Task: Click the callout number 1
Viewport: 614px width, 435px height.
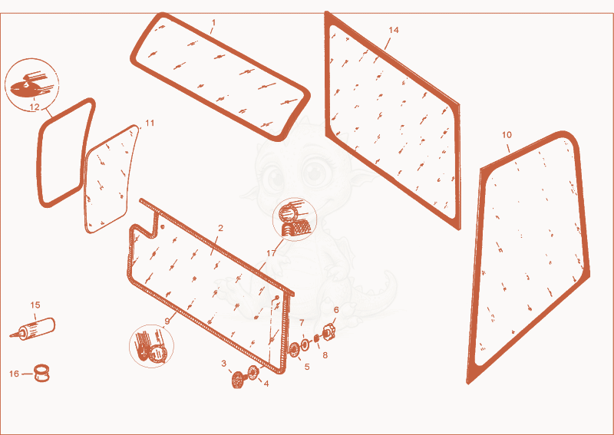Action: (213, 23)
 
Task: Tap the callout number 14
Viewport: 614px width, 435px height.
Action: (394, 30)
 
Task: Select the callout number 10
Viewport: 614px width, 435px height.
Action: (507, 135)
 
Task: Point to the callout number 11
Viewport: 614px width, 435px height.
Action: (150, 123)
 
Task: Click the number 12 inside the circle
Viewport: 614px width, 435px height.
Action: (35, 107)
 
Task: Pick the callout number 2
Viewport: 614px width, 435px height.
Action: (220, 228)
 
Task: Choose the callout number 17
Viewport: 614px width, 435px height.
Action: (272, 254)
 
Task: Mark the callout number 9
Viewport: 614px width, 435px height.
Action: (167, 321)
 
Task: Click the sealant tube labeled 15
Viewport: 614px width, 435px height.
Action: (33, 329)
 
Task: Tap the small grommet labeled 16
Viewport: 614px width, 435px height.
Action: (41, 373)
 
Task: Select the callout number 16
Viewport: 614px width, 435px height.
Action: (14, 374)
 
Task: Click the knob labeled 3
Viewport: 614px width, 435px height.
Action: (238, 380)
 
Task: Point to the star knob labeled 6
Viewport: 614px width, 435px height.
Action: (329, 332)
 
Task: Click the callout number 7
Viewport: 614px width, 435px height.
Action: (302, 323)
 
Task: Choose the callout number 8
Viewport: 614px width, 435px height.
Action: (325, 355)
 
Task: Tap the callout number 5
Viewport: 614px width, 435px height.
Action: (307, 367)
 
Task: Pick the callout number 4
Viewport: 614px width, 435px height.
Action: (266, 384)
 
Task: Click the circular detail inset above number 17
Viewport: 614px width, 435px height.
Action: (295, 219)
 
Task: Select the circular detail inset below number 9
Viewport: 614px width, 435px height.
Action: (151, 346)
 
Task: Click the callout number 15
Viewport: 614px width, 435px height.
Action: (35, 305)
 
